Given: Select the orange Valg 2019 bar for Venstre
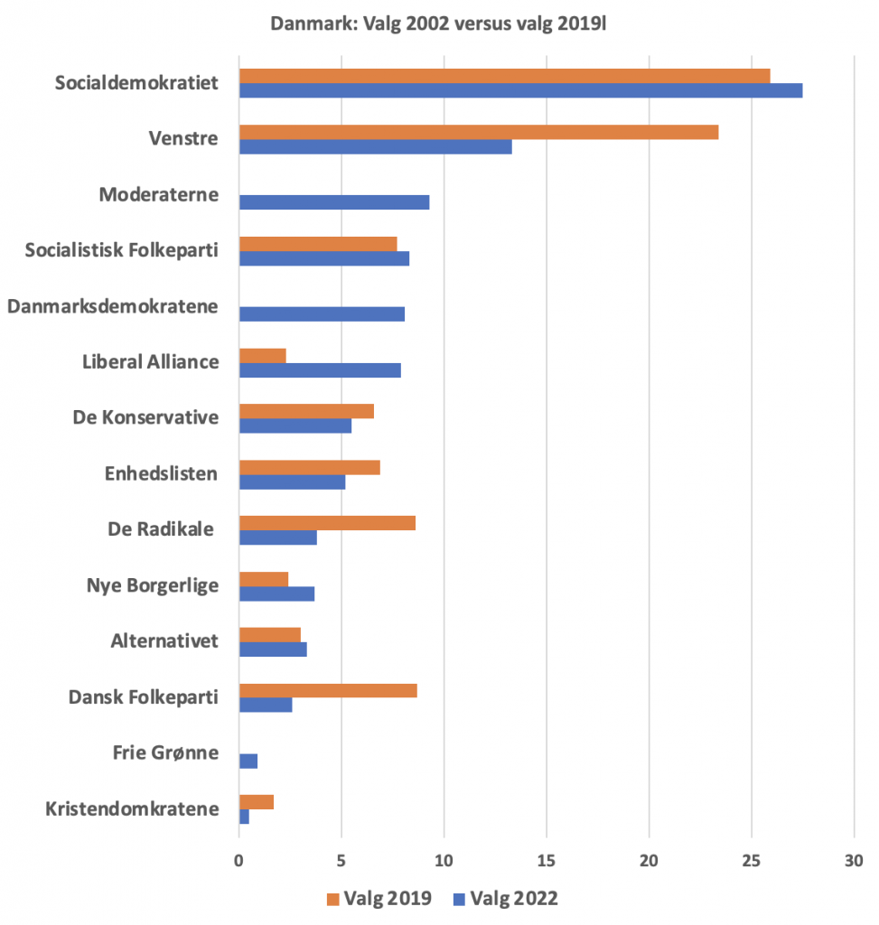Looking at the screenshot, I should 479,132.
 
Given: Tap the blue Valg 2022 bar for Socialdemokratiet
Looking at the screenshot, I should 520,90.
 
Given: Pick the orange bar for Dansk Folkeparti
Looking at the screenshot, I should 328,691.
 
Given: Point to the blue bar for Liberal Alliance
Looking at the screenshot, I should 320,370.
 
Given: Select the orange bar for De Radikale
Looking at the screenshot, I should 327,523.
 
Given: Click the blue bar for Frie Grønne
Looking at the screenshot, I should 248,761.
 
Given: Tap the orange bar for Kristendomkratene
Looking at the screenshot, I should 256,801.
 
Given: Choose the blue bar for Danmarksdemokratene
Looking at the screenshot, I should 322,314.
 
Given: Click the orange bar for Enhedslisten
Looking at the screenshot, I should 309,467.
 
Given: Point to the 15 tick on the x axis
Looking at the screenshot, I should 546,859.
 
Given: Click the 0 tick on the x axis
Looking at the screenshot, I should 238,859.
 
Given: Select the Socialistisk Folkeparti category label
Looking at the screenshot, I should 122,250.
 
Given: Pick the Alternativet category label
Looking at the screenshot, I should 164,641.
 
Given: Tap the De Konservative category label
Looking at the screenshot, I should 145,418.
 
